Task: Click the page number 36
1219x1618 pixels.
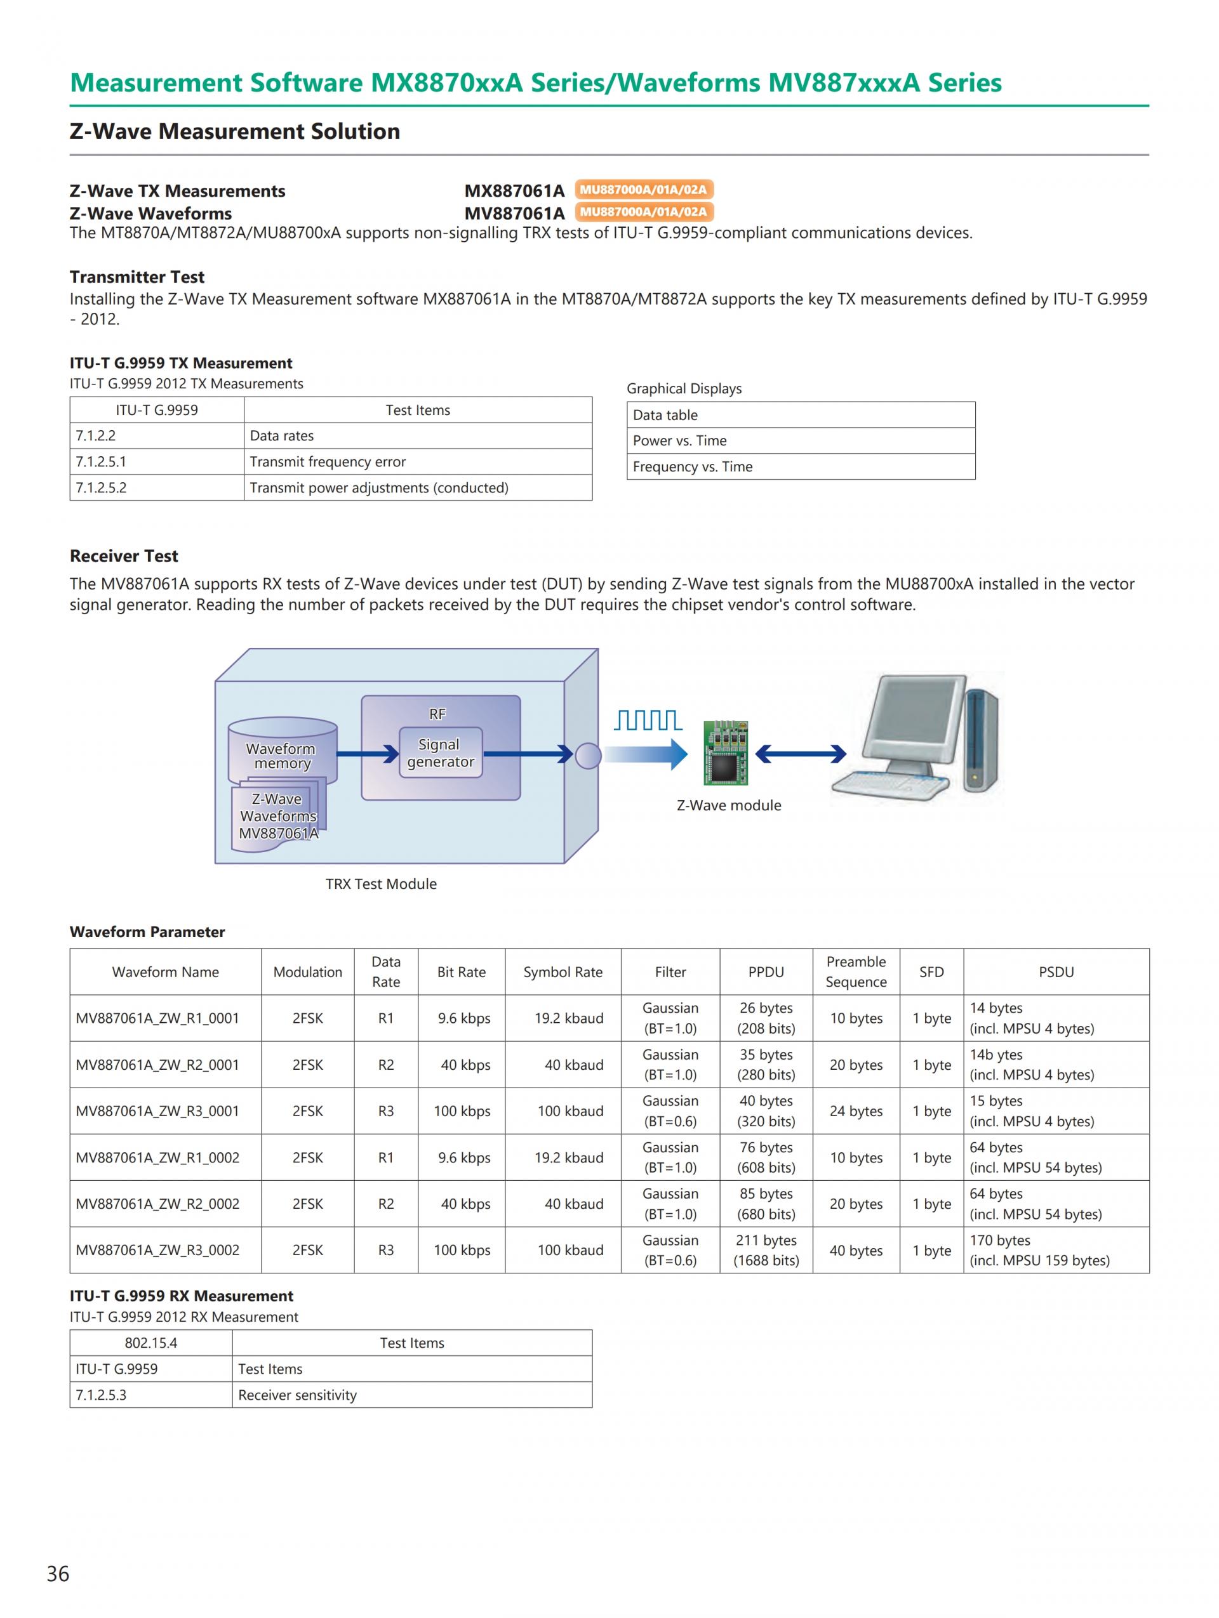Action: [x=58, y=1574]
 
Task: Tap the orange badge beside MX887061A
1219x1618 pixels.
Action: [x=643, y=190]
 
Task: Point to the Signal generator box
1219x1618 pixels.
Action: [x=440, y=753]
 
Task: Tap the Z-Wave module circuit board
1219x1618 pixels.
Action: [x=725, y=753]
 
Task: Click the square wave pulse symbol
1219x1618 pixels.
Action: [x=648, y=721]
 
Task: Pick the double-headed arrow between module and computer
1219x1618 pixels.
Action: [x=801, y=753]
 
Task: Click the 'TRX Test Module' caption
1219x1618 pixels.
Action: [x=380, y=884]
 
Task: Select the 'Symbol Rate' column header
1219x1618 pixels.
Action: [x=563, y=972]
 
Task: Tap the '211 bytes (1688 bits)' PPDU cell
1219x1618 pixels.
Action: [x=766, y=1250]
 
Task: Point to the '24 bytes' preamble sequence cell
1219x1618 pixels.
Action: [x=856, y=1111]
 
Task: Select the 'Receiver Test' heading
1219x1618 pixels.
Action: [x=124, y=556]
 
